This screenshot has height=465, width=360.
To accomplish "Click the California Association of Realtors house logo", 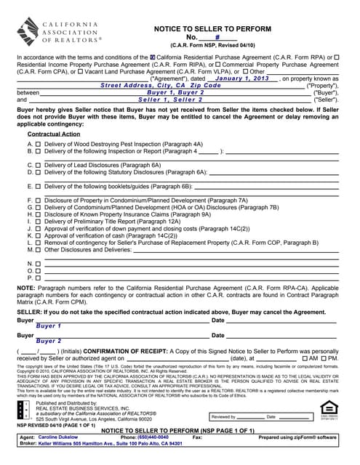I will [30, 33].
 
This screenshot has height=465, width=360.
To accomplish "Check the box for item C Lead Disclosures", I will [39, 166].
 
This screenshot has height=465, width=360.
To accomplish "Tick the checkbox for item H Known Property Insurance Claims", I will [39, 214].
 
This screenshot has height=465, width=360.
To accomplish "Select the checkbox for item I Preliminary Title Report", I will [39, 222].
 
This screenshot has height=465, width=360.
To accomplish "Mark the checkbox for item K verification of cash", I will [39, 236].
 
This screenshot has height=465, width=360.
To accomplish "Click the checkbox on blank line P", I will [39, 278].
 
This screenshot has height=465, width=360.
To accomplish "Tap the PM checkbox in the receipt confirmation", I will [323, 359].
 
